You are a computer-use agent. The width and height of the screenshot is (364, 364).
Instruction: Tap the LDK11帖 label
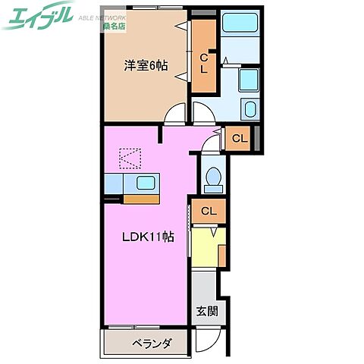149,237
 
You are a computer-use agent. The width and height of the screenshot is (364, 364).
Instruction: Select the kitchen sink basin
146,183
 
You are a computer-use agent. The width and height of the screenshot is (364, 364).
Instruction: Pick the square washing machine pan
249,80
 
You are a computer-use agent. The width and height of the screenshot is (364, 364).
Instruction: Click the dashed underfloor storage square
130,158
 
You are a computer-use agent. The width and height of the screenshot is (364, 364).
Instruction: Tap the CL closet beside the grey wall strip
239,138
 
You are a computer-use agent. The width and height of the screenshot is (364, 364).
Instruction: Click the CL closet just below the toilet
209,211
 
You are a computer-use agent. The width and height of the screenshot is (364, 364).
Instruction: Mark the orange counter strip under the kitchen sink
140,199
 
